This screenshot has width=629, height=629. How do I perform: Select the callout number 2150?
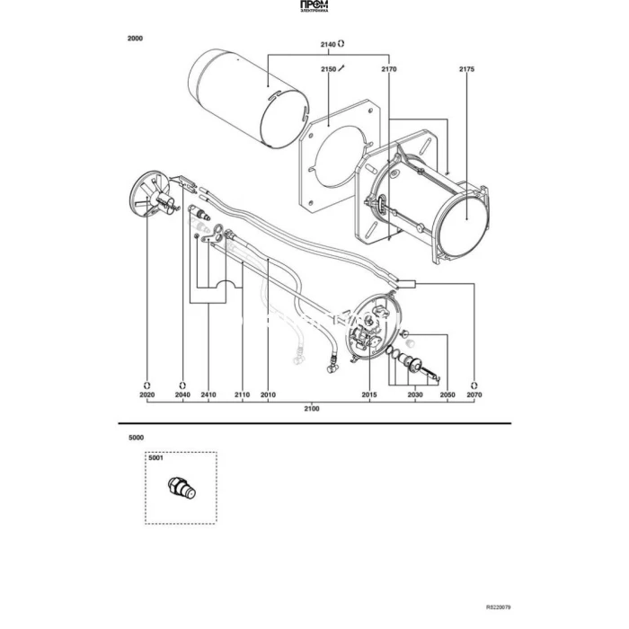coord(328,68)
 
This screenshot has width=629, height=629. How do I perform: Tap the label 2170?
coord(389,68)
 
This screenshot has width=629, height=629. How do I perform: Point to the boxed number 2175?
coord(466,68)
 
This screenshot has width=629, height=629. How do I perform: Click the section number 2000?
coord(136,39)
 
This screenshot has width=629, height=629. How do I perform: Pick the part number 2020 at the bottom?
coord(147,394)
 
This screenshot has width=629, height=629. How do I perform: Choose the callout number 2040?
coord(182,394)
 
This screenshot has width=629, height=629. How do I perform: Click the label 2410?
coord(208,394)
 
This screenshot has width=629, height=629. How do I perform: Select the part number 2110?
coord(242,394)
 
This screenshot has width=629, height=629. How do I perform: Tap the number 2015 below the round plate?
coord(369,394)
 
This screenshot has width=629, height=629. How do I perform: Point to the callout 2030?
coord(415,394)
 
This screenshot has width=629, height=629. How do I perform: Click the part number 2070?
coord(474,394)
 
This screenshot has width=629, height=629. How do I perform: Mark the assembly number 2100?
coord(311,409)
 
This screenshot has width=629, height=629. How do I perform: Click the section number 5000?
coord(136,438)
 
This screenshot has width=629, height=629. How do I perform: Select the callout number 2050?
coord(447,394)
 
